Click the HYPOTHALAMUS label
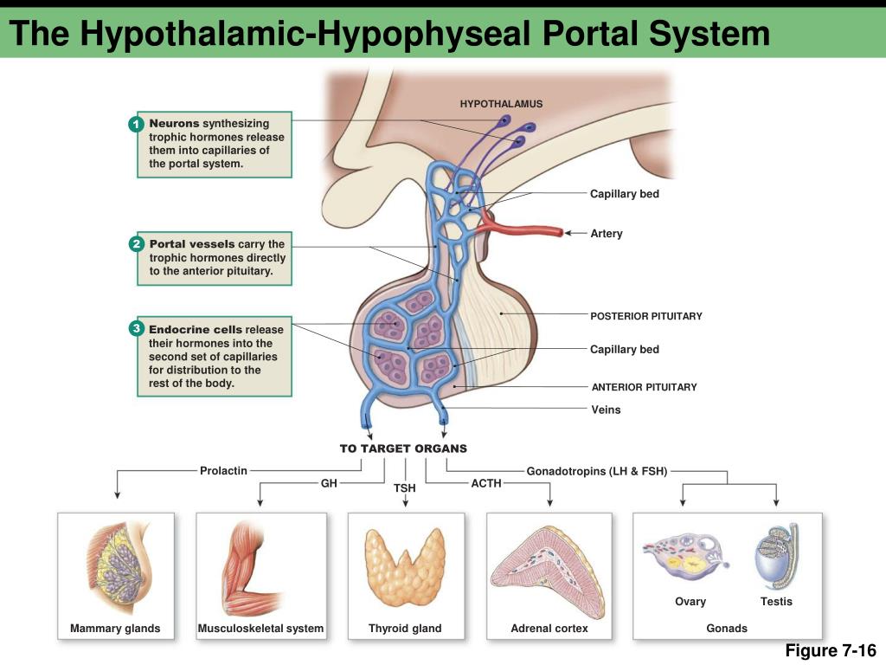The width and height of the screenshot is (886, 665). coord(501,104)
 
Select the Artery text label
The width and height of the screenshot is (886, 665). coord(606,234)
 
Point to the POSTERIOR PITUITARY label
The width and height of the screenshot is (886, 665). coord(645,316)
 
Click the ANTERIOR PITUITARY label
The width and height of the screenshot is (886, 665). coord(644,387)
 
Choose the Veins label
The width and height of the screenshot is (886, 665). coord(606,410)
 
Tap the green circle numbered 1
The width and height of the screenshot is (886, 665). coord(136,125)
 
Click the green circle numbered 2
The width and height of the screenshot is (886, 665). coord(136,245)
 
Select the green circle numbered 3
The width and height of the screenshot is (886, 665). coord(136,329)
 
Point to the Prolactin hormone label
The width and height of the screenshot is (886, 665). coord(223,471)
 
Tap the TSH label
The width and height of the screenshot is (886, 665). coord(405,488)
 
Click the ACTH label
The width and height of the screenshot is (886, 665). coord(486,483)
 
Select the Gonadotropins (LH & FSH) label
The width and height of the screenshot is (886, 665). coord(597,472)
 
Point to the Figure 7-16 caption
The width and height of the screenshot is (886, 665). coord(831,651)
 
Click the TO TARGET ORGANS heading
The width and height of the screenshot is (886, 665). coord(403,449)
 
